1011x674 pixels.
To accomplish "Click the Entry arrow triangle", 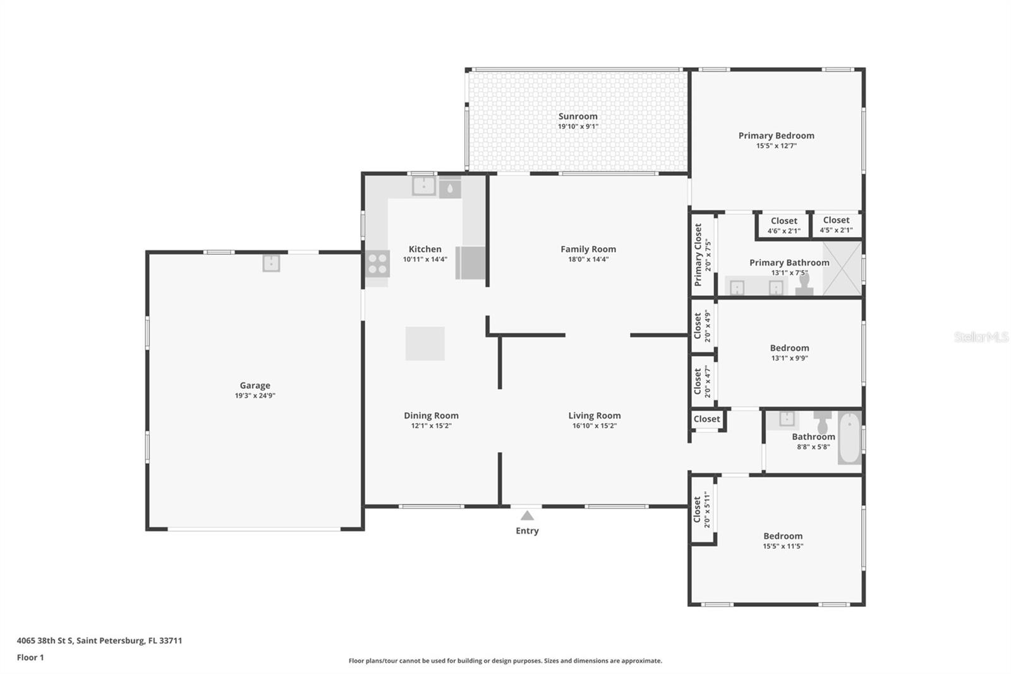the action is [x=527, y=515].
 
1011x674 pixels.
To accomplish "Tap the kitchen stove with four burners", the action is [x=377, y=264].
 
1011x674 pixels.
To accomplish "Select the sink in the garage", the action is [x=271, y=264].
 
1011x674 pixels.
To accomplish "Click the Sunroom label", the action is [x=578, y=116].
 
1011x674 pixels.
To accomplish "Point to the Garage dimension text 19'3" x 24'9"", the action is [x=255, y=396].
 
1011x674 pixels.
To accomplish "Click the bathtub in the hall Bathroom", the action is [x=849, y=438].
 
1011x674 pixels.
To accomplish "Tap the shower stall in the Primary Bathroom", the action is [x=842, y=268].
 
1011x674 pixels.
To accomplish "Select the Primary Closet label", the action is [x=698, y=255].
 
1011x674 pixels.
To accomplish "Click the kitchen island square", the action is [x=425, y=344].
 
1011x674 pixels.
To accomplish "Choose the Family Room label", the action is [x=588, y=249].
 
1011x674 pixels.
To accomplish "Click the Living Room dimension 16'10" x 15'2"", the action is [x=595, y=426].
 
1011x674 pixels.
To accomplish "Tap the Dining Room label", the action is [x=431, y=415].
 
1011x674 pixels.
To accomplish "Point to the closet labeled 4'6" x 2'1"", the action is [x=784, y=226].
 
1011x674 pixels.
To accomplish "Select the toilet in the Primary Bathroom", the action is [x=804, y=285].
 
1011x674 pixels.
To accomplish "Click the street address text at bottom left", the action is [x=99, y=640].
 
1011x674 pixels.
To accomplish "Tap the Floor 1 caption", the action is [x=30, y=658].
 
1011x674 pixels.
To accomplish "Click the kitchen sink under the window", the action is [x=423, y=186].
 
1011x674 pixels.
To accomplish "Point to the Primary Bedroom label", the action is [x=777, y=135].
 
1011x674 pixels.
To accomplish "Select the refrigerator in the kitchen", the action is [x=470, y=262].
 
